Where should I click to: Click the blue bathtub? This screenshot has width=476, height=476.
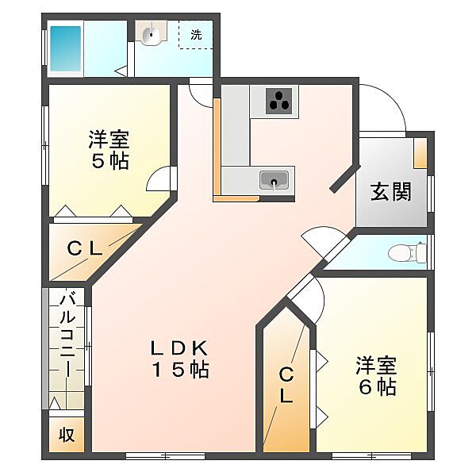click(66, 48)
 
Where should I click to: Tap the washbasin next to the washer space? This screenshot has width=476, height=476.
click(151, 33)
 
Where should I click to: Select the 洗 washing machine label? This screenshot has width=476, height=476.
click(196, 35)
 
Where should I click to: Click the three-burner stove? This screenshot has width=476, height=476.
click(279, 101)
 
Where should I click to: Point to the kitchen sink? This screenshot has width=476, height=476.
click(274, 181)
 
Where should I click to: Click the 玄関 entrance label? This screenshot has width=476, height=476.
click(390, 191)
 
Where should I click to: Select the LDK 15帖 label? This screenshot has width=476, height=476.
click(180, 359)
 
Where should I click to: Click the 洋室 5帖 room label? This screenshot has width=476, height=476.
click(109, 149)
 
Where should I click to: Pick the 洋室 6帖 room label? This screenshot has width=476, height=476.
click(377, 376)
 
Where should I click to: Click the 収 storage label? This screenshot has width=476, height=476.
click(67, 435)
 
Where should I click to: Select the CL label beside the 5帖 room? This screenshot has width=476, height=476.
click(85, 249)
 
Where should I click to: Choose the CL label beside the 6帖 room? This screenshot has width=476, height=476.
click(286, 385)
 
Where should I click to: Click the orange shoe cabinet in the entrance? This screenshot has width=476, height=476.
click(420, 153)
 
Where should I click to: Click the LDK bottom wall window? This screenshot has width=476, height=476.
click(166, 455)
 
